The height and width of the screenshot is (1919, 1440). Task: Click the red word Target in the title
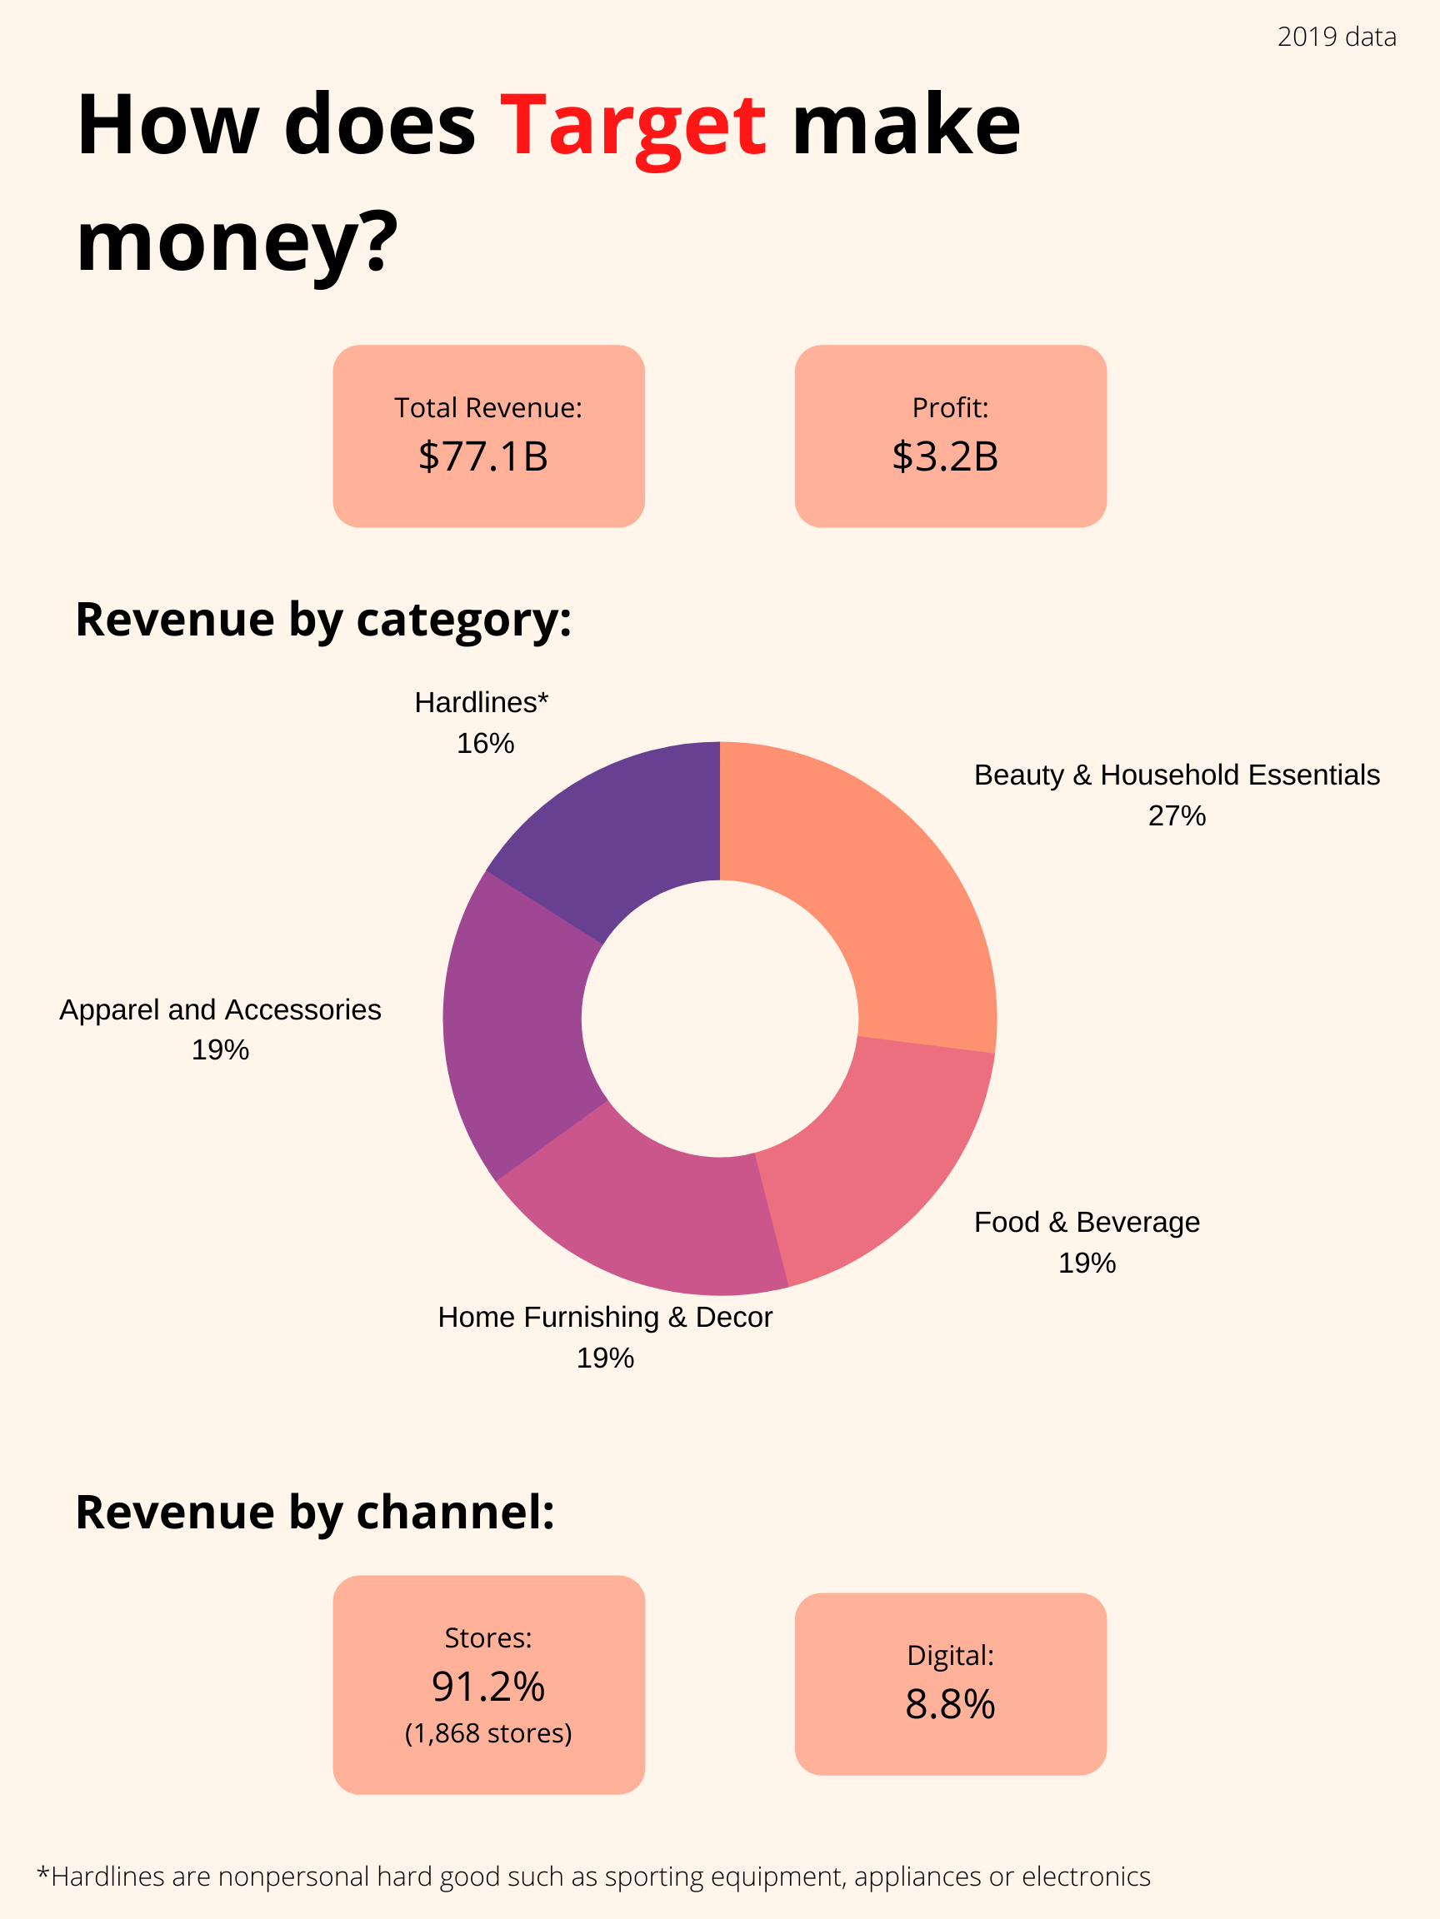click(632, 127)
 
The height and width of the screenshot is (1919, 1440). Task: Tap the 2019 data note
click(1336, 37)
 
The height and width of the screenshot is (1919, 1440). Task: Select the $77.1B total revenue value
click(483, 456)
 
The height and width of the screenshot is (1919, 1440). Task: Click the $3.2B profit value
click(945, 456)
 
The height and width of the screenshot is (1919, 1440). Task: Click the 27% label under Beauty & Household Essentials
click(1176, 815)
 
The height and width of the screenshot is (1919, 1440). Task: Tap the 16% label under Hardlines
click(485, 744)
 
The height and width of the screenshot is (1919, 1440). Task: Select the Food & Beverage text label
click(1086, 1222)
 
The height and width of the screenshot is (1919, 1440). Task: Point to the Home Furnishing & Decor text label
click(605, 1317)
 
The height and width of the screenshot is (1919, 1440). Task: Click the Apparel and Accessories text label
click(221, 1009)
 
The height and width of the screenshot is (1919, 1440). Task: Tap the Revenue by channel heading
click(314, 1512)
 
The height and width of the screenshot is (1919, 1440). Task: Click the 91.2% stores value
click(487, 1687)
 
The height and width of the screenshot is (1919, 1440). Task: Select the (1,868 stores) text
click(487, 1733)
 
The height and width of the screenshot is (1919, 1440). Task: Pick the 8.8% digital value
click(950, 1705)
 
